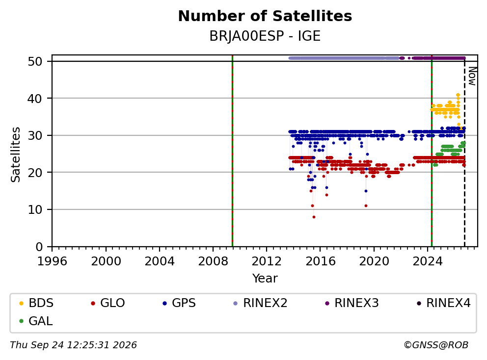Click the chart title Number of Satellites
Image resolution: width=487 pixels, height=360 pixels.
point(265,16)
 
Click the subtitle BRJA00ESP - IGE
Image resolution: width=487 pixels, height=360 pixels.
point(265,36)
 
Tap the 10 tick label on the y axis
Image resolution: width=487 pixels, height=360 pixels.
point(35,209)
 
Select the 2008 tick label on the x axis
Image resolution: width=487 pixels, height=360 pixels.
point(213,261)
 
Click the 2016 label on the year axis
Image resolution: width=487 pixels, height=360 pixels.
point(320,261)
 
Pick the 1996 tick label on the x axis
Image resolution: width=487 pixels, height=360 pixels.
point(52,261)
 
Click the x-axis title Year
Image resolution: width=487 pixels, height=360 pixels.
point(265,279)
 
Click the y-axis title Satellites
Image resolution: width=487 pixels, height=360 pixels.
point(16,154)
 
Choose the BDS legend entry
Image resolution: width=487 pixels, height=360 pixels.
point(36,303)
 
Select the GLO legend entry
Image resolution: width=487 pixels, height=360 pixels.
point(108,303)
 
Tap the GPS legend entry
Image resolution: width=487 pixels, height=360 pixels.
point(179,303)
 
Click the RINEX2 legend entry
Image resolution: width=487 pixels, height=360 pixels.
point(260,303)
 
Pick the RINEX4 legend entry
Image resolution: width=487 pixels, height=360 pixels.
point(443,303)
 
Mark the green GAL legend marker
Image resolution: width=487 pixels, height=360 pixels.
point(22,321)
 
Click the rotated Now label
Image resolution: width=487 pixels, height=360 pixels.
point(472,77)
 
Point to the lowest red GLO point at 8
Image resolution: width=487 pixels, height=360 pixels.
point(314,217)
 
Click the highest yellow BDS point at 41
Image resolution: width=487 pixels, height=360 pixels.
point(458,95)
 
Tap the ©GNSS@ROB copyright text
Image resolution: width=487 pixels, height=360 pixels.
point(436,345)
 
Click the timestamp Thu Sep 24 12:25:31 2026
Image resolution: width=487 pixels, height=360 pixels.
point(73,345)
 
